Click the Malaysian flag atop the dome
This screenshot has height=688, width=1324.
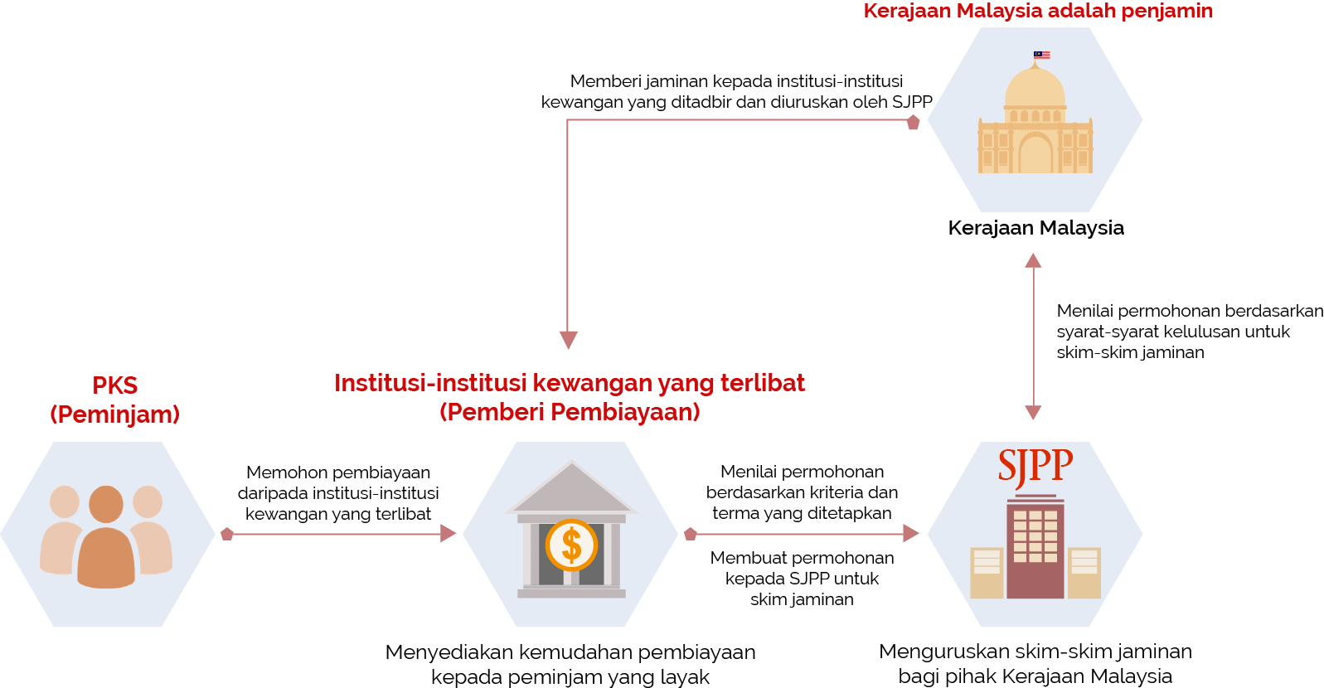(1041, 55)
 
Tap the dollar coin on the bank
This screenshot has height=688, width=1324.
(571, 545)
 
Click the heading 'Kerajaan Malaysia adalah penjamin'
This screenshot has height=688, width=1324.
(1038, 11)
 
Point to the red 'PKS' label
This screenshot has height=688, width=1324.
(114, 385)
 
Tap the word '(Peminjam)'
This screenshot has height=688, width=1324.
(114, 414)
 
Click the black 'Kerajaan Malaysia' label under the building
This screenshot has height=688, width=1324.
(1035, 228)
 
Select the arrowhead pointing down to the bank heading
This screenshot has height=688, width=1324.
(568, 340)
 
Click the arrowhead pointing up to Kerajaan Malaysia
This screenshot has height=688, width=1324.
(1033, 260)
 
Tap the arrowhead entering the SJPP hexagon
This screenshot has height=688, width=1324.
(910, 533)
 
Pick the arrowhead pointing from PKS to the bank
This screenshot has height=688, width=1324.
(448, 533)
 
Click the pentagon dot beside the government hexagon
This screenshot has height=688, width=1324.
(913, 123)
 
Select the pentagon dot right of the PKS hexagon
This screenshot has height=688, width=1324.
(227, 534)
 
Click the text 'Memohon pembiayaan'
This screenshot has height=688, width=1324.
(338, 472)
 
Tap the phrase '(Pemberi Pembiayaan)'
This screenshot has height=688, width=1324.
(570, 412)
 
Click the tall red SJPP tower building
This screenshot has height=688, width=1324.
(1035, 547)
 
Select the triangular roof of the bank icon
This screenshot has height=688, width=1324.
(570, 490)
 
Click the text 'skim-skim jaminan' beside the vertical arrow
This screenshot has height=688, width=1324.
(1130, 352)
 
